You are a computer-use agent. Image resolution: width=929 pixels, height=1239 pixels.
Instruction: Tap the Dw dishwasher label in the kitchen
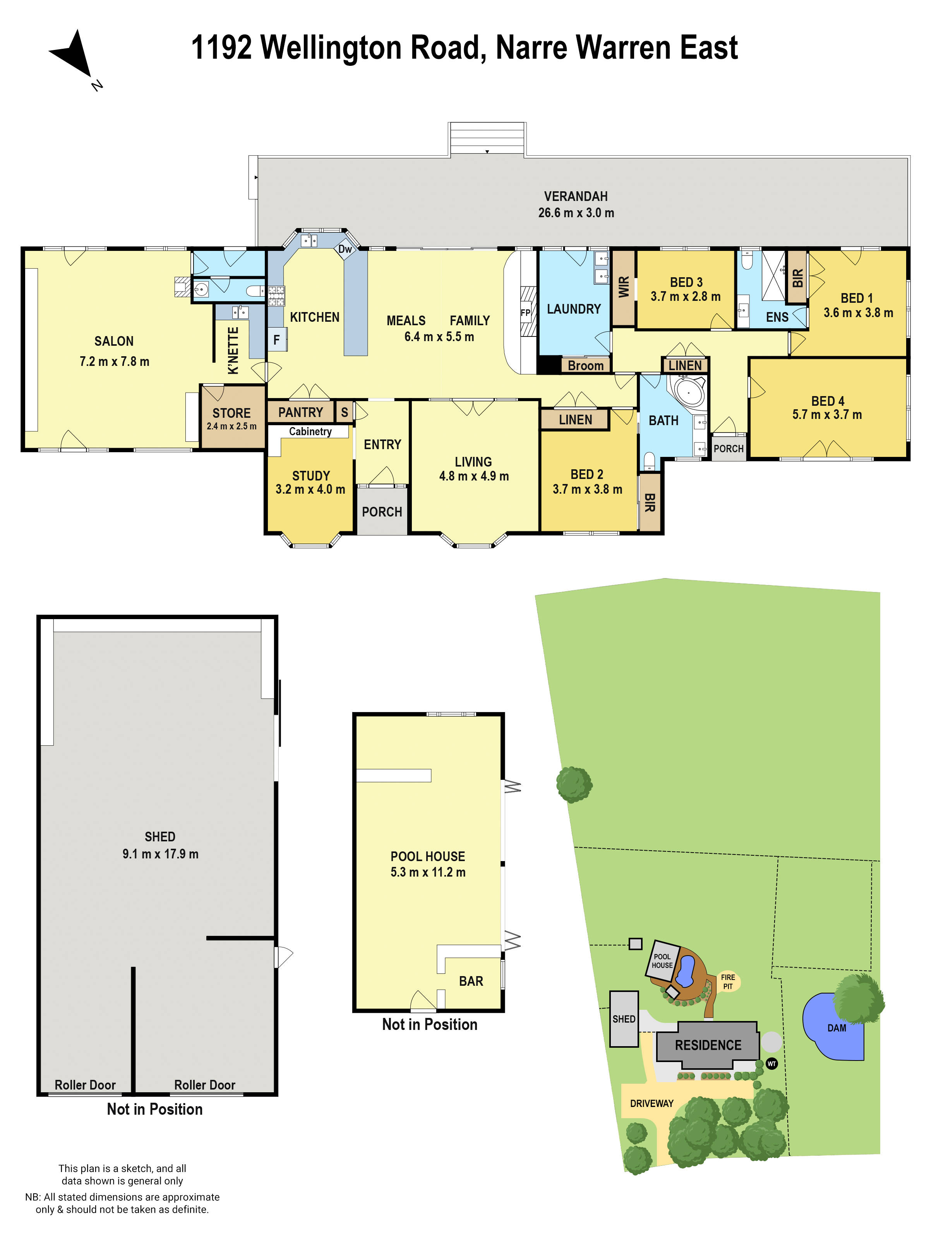(345, 249)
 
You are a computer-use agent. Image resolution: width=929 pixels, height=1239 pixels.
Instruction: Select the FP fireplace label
(525, 312)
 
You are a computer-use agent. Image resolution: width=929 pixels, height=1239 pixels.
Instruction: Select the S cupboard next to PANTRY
(345, 413)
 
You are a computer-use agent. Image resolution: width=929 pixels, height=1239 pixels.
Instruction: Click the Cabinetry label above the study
(310, 431)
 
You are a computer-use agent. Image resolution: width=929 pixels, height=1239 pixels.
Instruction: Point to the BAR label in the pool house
(471, 981)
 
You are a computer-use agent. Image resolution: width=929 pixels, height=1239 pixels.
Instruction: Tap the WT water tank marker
(771, 1064)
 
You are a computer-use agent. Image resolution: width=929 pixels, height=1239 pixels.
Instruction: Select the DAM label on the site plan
(836, 1028)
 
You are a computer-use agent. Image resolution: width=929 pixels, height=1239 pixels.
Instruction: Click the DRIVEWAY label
(652, 1103)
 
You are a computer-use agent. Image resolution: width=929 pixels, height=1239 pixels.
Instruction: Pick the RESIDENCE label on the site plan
(708, 1045)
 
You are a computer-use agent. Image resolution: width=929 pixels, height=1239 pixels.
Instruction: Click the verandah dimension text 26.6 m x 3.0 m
(576, 213)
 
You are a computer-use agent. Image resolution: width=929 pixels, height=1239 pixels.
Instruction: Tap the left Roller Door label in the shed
(85, 1085)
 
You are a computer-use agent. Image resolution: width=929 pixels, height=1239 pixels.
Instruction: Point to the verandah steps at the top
(487, 138)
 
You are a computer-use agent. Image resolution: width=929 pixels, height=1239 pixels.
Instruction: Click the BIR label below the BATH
(650, 503)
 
